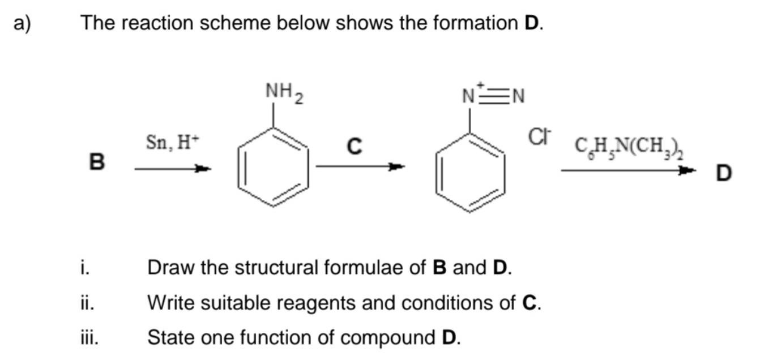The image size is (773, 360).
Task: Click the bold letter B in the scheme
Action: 97,162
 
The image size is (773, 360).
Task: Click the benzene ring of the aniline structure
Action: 275,168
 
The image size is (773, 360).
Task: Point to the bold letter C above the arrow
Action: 354,146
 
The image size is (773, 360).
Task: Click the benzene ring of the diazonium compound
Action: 470,171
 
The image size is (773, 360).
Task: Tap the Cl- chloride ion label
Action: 539,136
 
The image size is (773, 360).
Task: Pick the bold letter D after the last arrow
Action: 723,173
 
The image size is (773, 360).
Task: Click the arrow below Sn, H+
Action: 173,168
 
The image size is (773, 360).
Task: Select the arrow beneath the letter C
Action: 360,166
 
